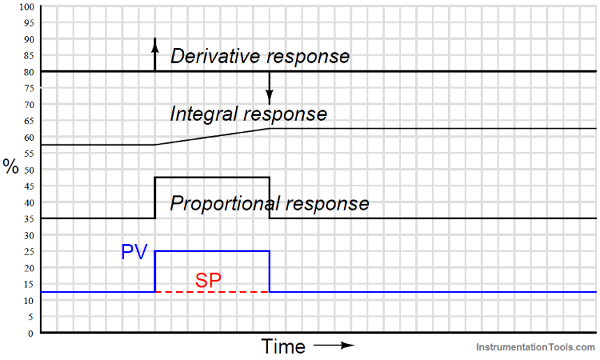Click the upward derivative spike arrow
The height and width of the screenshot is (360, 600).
[155, 54]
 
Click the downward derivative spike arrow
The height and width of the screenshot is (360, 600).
[269, 88]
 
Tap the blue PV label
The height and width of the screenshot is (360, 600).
[135, 252]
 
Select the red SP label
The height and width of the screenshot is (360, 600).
[208, 280]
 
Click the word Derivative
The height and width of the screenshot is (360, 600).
[216, 56]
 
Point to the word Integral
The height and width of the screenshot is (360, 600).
[203, 114]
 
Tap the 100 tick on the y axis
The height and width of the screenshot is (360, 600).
[27, 7]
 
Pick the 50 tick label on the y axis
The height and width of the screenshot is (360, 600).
[29, 170]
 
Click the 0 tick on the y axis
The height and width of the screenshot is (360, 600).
[31, 333]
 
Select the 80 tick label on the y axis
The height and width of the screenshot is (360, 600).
[29, 72]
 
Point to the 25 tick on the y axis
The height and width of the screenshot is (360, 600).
[29, 252]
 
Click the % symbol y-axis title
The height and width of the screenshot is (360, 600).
[10, 167]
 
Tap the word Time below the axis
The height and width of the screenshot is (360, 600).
[283, 346]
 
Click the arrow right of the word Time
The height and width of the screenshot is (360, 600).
[334, 345]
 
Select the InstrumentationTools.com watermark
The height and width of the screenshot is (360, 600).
[535, 347]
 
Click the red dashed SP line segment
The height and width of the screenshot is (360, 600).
[212, 292]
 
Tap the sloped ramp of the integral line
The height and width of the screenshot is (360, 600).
[212, 137]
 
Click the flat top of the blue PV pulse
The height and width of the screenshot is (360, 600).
[212, 251]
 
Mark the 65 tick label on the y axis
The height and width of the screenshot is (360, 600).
[29, 121]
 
